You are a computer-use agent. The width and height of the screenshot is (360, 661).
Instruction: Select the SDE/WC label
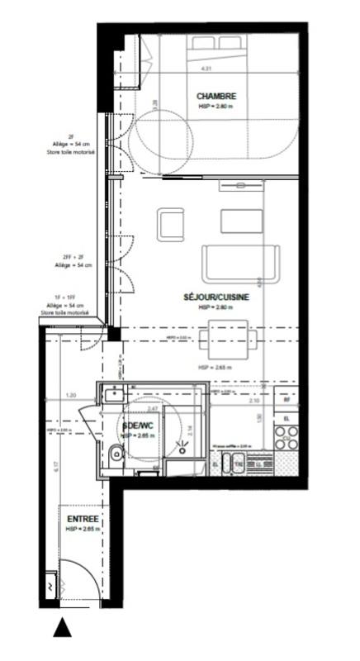(139, 427)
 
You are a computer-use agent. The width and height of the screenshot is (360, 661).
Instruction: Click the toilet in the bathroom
(115, 452)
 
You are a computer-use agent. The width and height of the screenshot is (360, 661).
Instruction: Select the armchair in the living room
(171, 224)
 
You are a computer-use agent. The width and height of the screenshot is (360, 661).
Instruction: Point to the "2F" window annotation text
(71, 136)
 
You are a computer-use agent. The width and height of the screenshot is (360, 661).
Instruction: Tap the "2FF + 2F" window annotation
(70, 258)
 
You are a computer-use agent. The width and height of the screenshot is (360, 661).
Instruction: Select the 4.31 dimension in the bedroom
(209, 69)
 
